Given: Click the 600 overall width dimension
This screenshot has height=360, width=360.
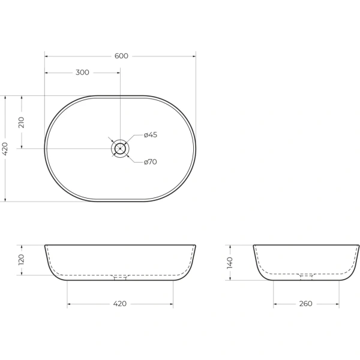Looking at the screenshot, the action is coord(121,56).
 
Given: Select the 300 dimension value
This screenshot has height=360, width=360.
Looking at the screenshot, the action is coord(82,73).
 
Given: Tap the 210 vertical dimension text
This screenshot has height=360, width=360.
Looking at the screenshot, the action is coord(21,122).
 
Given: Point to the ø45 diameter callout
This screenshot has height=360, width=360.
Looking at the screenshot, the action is coord(151,135).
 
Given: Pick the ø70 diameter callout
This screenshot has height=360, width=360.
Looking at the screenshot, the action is coord(151,162).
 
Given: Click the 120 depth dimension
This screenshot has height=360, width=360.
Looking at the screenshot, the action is coord(21,260).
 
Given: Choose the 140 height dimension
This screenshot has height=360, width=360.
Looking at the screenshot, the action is coord(230,263).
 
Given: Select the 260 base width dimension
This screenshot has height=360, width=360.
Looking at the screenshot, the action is coord(305,304).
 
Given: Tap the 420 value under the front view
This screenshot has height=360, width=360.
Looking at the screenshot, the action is coord(120,304).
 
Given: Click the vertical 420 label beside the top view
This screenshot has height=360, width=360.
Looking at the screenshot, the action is coord(5,148).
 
